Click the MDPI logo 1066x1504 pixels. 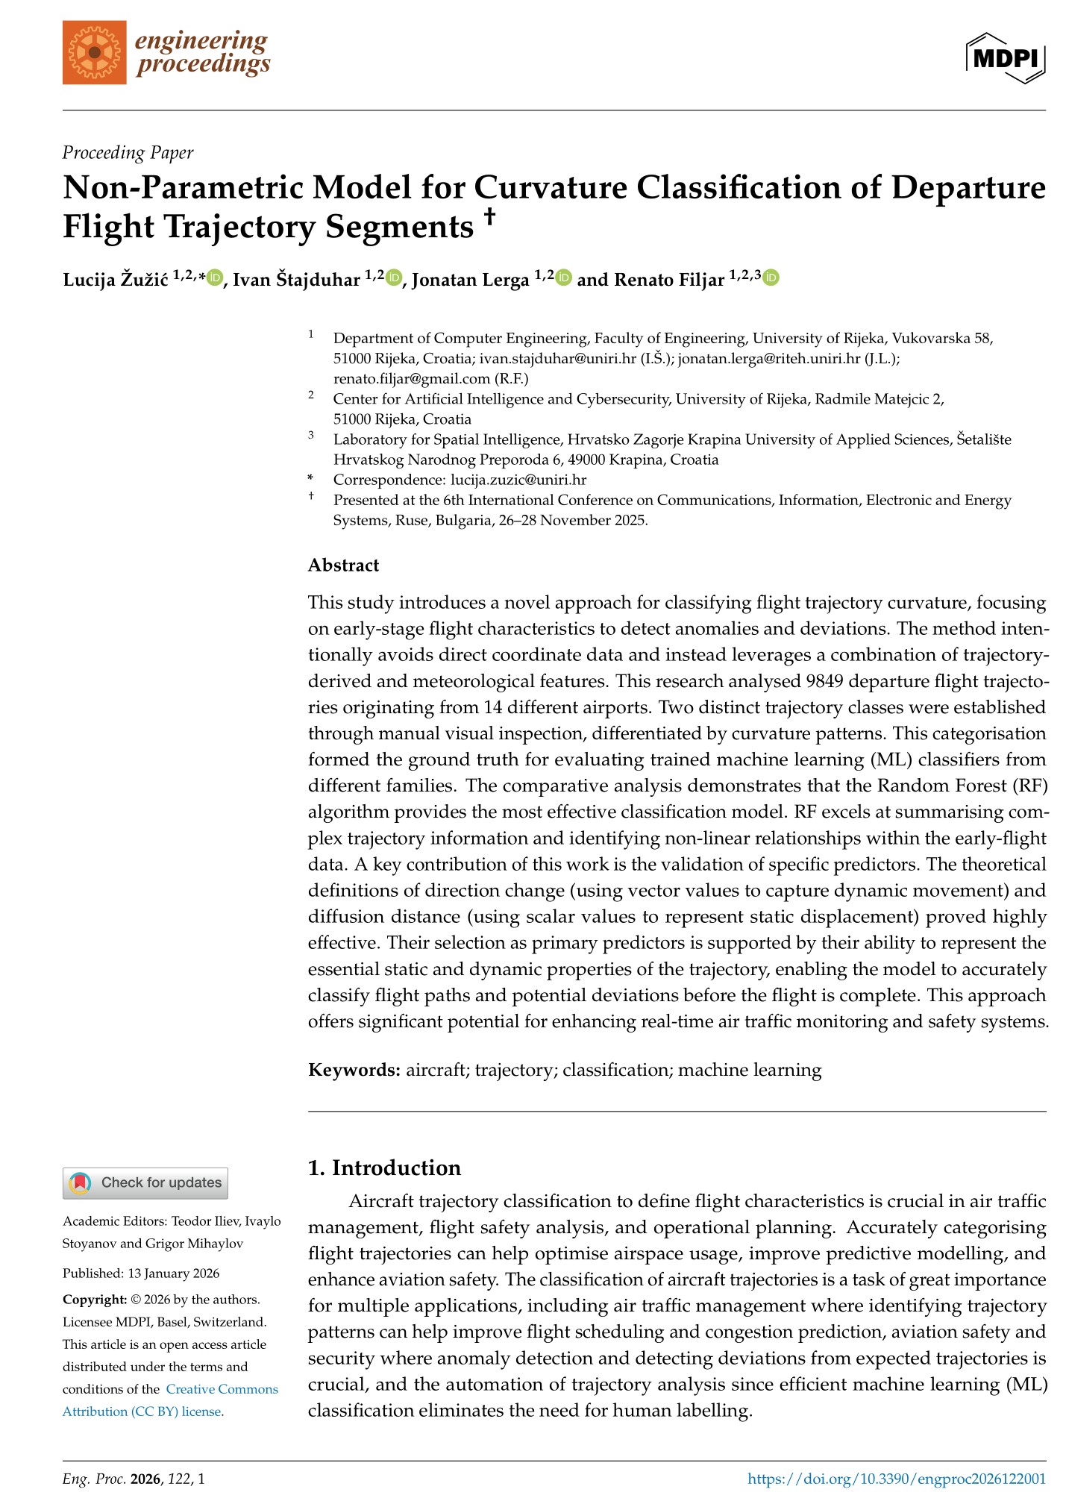pyautogui.click(x=1005, y=57)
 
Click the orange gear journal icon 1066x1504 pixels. pyautogui.click(x=95, y=52)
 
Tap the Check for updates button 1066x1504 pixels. pyautogui.click(x=145, y=1182)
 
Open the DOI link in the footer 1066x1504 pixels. pyautogui.click(x=896, y=1479)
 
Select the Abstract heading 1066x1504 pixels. pyautogui.click(x=343, y=565)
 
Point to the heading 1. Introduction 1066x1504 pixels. pyautogui.click(x=384, y=1168)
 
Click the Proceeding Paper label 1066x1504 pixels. pyautogui.click(x=128, y=153)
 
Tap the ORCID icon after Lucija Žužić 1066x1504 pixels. pyautogui.click(x=215, y=278)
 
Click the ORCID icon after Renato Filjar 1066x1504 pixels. pyautogui.click(x=771, y=278)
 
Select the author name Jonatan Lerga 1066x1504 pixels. pyautogui.click(x=470, y=280)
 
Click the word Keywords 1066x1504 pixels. pyautogui.click(x=354, y=1070)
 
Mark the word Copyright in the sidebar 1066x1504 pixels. pyautogui.click(x=95, y=1300)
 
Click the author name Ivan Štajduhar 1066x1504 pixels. pyautogui.click(x=296, y=280)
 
